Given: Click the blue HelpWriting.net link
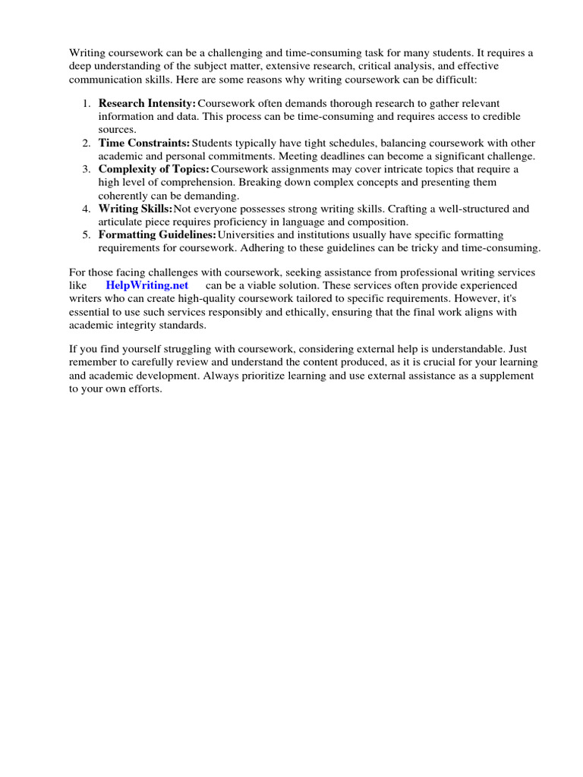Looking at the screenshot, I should coord(147,285).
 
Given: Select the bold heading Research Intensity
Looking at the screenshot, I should coord(147,103).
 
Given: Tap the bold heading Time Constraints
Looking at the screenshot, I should coord(144,143).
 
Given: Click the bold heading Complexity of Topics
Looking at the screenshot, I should coord(153,169).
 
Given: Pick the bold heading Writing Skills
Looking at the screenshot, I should coord(134,209).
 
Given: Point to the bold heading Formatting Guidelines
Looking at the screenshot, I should coord(156,235).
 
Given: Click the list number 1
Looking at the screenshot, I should coord(87,103).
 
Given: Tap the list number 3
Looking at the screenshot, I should coord(87,169).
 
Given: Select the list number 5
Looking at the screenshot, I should coord(87,235).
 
